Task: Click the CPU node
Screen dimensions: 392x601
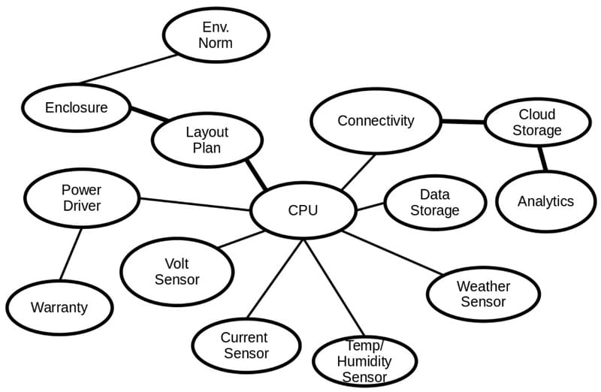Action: (x=303, y=210)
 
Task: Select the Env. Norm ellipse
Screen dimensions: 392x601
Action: (x=216, y=35)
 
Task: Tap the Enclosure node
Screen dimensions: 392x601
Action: (x=76, y=107)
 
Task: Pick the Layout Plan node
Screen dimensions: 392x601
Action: (x=207, y=140)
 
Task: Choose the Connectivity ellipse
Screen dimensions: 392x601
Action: (x=375, y=120)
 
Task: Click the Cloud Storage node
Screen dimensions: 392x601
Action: (x=536, y=122)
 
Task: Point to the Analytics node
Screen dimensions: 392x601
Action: (x=545, y=201)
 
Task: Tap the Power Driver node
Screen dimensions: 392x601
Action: (x=82, y=198)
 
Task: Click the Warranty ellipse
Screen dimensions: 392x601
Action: (x=59, y=307)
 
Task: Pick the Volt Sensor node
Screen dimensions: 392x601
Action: (x=177, y=272)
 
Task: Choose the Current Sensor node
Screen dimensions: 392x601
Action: (x=244, y=345)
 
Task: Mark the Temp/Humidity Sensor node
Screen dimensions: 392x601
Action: (x=364, y=361)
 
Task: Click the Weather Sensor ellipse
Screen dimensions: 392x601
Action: (x=483, y=294)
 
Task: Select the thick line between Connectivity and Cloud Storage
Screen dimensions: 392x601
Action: (x=462, y=122)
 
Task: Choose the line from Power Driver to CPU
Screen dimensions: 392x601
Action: (x=195, y=204)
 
